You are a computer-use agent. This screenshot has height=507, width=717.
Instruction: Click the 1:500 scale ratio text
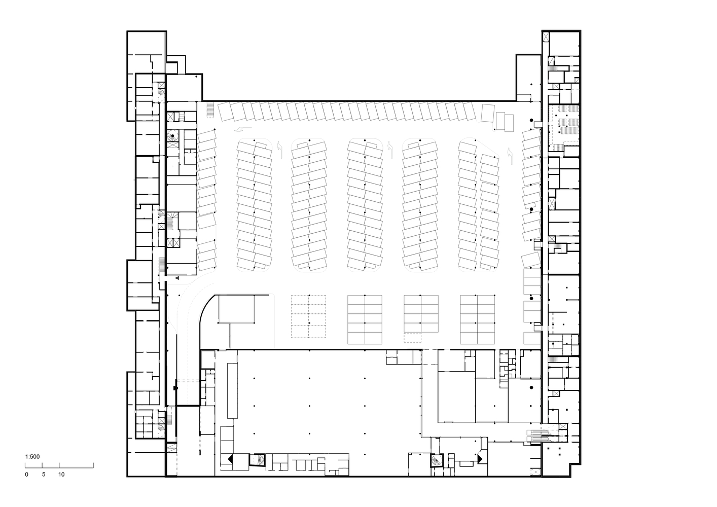32,457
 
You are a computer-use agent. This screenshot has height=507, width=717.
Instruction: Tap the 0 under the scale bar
26,475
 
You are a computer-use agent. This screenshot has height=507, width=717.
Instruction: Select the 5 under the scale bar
44,475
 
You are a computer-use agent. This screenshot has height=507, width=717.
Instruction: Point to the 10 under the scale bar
61,475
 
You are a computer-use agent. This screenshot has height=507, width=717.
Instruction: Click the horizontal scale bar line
59,468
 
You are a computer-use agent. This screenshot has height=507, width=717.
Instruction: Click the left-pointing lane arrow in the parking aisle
242,129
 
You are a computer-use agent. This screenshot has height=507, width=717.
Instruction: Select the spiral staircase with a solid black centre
173,136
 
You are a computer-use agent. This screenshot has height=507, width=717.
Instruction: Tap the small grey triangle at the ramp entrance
177,278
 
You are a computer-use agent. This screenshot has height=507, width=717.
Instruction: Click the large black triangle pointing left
230,459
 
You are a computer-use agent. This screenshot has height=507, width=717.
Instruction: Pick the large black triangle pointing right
480,459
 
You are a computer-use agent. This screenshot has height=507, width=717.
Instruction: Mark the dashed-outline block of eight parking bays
309,316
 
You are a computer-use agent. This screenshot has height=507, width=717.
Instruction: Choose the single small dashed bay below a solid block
412,338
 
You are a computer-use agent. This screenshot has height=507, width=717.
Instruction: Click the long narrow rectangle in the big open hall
232,391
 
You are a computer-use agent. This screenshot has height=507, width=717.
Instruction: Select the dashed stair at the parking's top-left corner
210,110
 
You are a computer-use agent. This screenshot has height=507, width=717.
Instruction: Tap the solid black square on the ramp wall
175,388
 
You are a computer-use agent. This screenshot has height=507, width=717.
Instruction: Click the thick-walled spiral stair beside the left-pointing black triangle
258,460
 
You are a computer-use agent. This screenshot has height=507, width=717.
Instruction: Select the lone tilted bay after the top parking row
488,113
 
